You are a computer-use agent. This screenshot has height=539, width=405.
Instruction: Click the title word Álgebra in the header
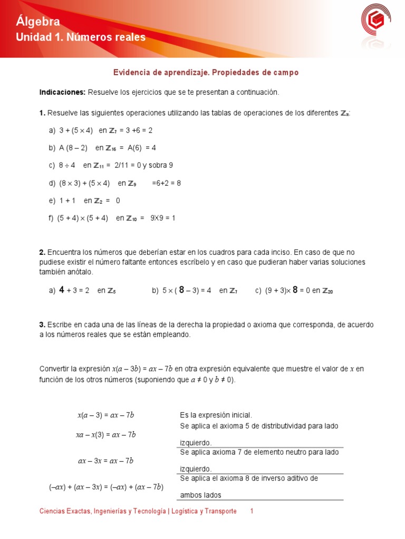click(x=38, y=21)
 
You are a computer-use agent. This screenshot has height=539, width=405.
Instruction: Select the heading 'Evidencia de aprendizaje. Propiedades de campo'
click(x=206, y=73)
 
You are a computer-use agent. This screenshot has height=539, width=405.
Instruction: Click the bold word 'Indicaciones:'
click(x=62, y=92)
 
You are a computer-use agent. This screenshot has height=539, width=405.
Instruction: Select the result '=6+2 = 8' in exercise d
click(x=166, y=183)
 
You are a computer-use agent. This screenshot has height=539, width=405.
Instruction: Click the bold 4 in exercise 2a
click(x=61, y=290)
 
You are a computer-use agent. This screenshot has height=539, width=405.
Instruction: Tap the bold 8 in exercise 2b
click(x=181, y=290)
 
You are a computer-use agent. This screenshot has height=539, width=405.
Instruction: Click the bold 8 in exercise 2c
click(x=295, y=290)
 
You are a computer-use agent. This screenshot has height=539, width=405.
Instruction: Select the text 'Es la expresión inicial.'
click(x=215, y=415)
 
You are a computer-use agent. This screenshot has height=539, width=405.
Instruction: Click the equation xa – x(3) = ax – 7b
click(x=106, y=435)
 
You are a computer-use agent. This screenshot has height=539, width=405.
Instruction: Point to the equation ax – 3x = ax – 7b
click(x=106, y=461)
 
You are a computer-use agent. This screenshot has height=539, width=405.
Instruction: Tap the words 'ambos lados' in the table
click(x=200, y=495)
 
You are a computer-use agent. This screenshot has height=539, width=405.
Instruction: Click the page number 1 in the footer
click(x=252, y=512)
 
